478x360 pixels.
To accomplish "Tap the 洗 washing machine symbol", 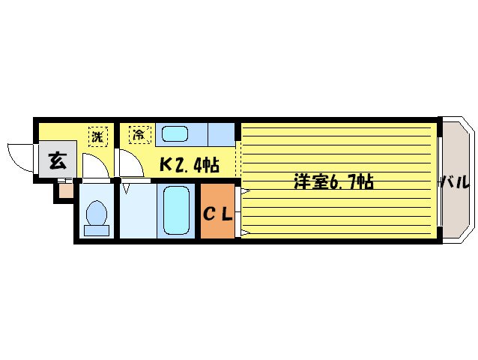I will (x=97, y=136).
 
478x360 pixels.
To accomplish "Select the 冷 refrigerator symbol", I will (x=139, y=136).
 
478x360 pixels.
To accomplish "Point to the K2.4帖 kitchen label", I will (x=187, y=163).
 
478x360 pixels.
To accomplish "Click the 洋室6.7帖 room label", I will (x=333, y=181).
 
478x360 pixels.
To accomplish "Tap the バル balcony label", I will (x=455, y=181).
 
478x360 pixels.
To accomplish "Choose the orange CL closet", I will (x=218, y=212).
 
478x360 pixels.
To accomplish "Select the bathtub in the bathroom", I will (x=178, y=211).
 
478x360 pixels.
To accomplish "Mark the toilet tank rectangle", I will (x=96, y=230).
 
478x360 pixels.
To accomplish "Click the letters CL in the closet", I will (x=218, y=214).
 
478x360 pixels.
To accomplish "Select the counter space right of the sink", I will (x=222, y=134).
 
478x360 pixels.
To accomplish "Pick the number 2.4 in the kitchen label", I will (x=190, y=164).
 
